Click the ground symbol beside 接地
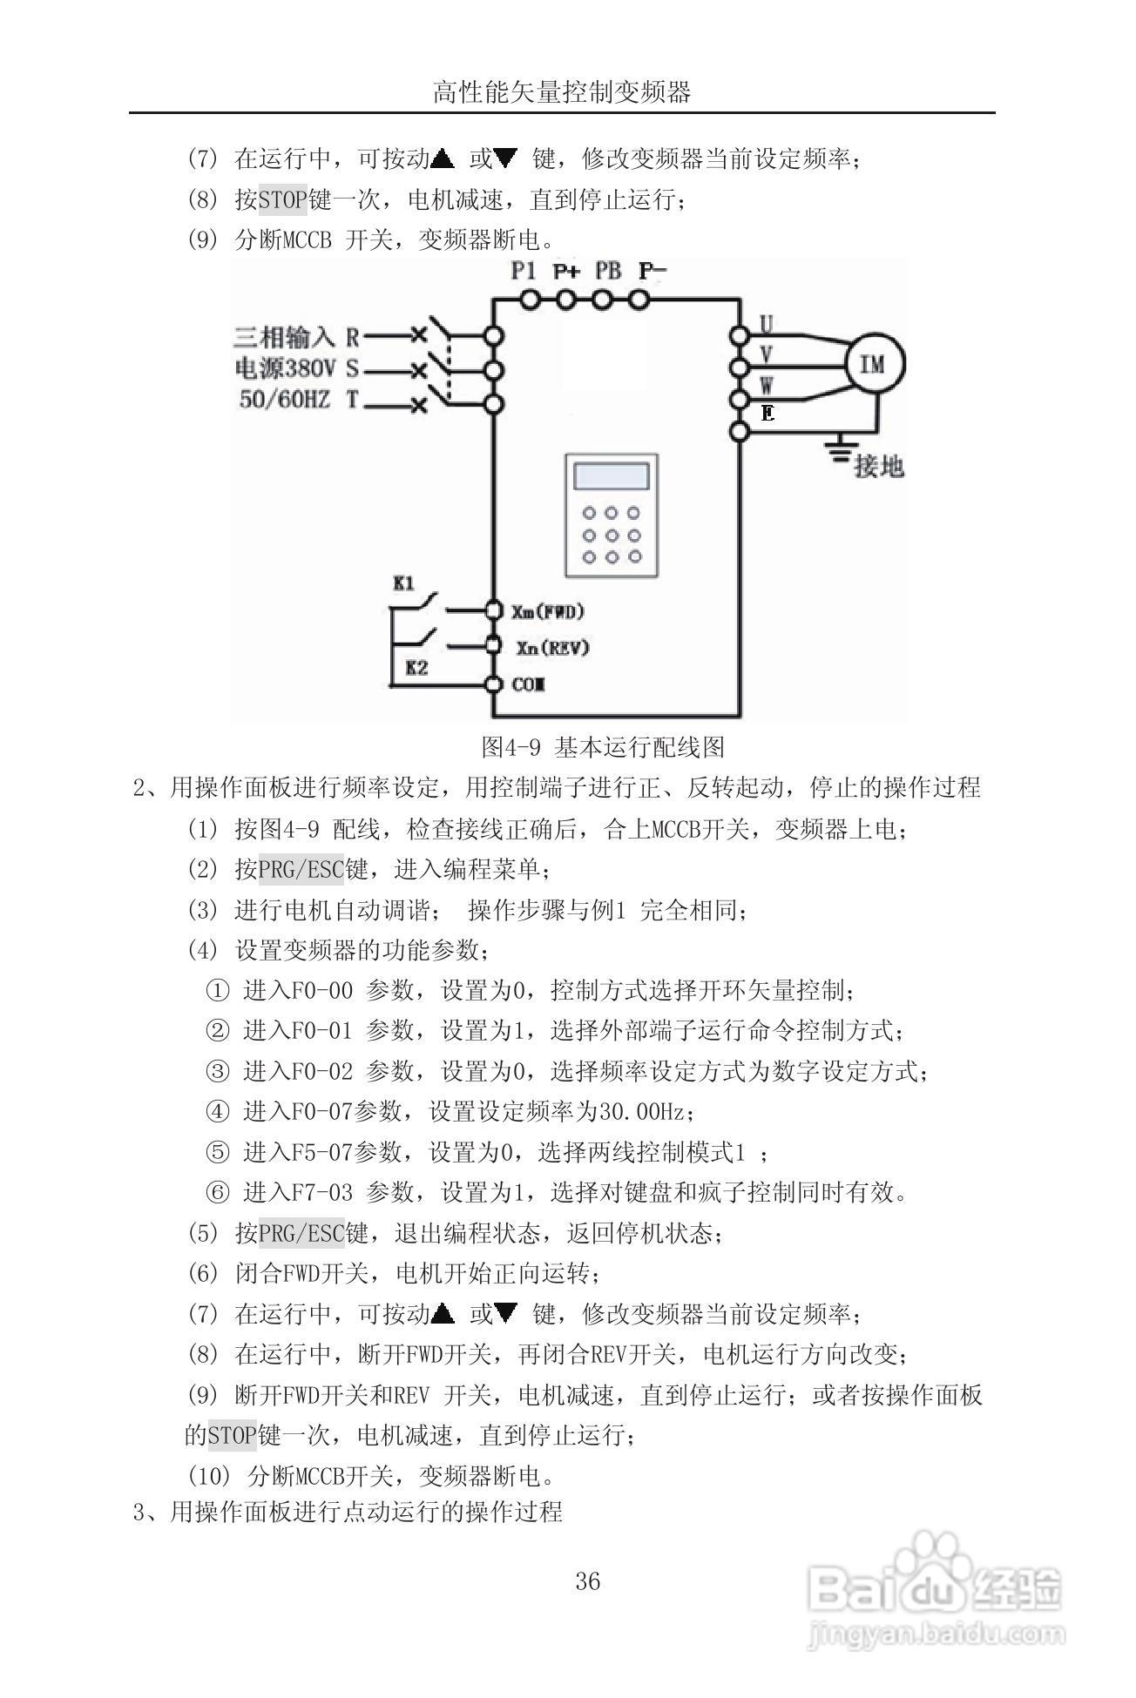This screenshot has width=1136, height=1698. [838, 450]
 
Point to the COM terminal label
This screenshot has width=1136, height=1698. [528, 684]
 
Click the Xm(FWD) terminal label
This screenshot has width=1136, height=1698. [547, 611]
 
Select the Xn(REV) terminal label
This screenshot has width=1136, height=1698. [552, 648]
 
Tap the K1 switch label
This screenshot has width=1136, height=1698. [403, 583]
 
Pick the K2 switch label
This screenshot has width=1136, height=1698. [417, 668]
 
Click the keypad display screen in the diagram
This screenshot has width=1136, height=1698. [610, 476]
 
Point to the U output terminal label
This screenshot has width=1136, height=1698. [766, 324]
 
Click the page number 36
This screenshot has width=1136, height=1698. [588, 1581]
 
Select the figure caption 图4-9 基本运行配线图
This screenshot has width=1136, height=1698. [603, 746]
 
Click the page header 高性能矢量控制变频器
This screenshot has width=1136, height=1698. [562, 92]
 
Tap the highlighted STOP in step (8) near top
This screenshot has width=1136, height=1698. [283, 200]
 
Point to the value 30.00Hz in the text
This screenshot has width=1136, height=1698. [643, 1112]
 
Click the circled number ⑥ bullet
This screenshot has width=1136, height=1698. [217, 1193]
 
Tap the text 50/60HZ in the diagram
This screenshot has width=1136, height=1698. [285, 401]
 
